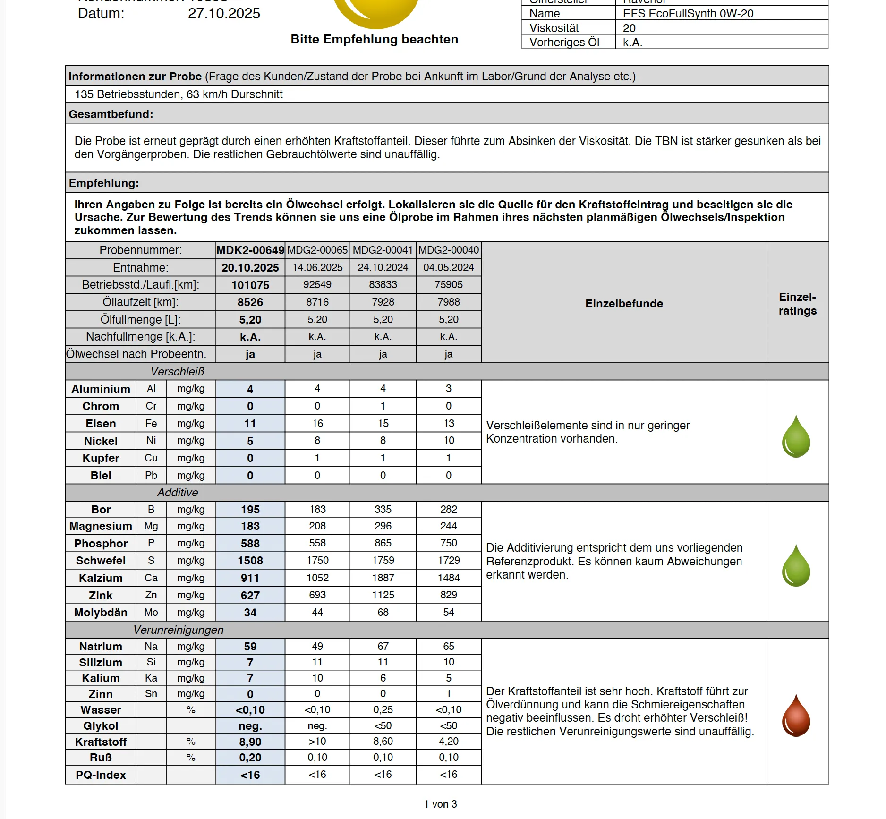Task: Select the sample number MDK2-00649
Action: point(250,250)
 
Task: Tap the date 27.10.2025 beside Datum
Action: point(224,13)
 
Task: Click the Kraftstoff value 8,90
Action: point(250,742)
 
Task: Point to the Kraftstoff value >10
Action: point(317,742)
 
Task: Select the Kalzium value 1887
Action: point(383,578)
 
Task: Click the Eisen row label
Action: point(101,424)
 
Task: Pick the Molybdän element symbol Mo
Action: point(151,613)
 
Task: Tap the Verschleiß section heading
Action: point(178,372)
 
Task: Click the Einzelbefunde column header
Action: point(624,304)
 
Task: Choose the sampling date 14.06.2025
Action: point(317,268)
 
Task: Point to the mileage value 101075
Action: point(250,285)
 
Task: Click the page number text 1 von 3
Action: point(440,804)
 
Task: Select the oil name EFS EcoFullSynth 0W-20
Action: point(688,14)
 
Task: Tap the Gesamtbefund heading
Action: point(111,114)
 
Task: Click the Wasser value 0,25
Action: point(383,710)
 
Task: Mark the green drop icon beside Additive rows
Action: point(796,565)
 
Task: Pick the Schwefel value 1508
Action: point(250,561)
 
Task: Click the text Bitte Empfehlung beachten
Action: point(375,39)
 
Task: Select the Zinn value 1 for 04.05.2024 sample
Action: point(449,694)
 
